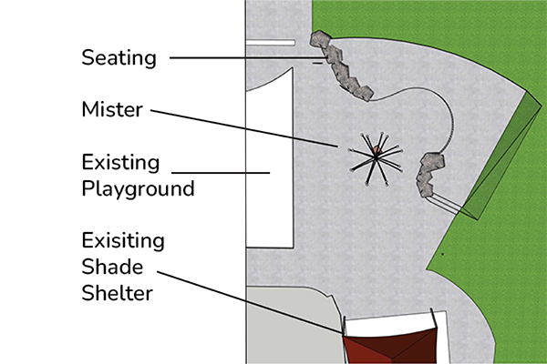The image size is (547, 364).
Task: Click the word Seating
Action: click(x=119, y=57)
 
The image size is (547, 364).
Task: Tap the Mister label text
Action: click(x=112, y=111)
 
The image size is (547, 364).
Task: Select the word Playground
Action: click(x=138, y=189)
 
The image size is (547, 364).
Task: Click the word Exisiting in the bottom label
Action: click(x=122, y=242)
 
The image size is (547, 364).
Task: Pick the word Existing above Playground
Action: click(x=120, y=164)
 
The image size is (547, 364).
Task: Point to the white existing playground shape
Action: click(x=270, y=164)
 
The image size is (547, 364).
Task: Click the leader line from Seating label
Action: click(x=237, y=58)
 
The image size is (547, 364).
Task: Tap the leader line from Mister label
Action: click(x=246, y=127)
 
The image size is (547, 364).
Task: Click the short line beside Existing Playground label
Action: click(x=219, y=171)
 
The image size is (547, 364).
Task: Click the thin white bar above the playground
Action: click(x=269, y=42)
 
